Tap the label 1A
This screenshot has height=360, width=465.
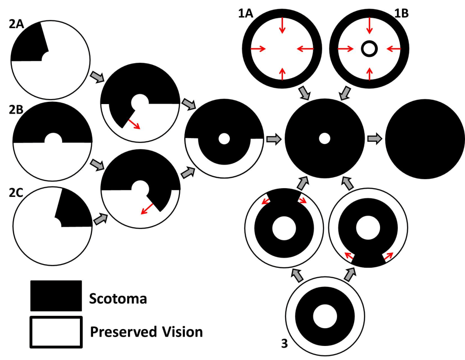tap(247, 14)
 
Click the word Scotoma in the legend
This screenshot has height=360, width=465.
tap(118, 299)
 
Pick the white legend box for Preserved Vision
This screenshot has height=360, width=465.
tap(56, 332)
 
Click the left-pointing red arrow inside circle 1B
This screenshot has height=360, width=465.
tap(393, 48)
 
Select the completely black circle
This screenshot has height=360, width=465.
tap(425, 139)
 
